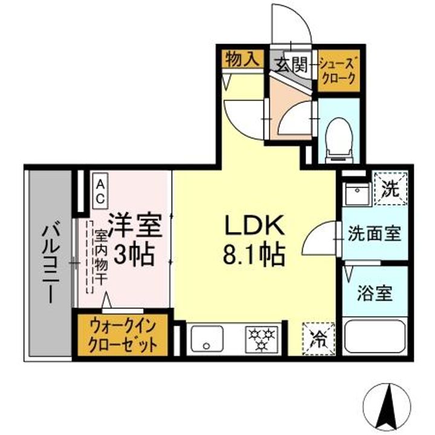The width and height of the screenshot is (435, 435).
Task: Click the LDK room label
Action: click(254, 226)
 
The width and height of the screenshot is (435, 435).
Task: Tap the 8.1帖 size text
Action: click(254, 254)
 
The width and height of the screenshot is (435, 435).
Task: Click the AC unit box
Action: click(100, 190)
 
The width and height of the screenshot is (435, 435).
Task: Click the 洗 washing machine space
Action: click(390, 189)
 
